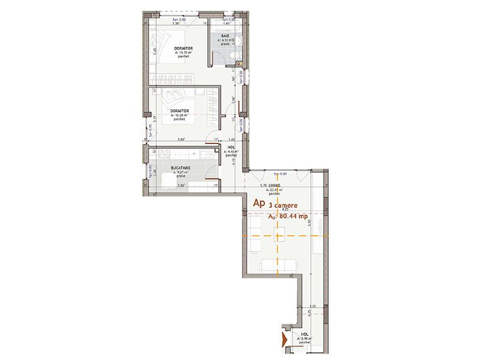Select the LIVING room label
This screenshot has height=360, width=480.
pyautogui.click(x=275, y=186)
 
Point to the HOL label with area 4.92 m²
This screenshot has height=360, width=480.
pyautogui.click(x=231, y=146)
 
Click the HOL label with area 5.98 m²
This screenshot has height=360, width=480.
pyautogui.click(x=305, y=334)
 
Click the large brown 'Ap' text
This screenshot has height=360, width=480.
pyautogui.click(x=260, y=203)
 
